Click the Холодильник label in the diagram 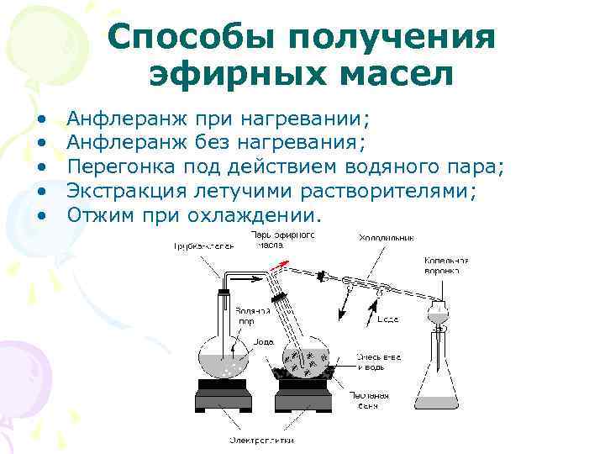coord(387,238)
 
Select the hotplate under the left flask coord(225,393)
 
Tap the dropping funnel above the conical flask coord(436,316)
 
